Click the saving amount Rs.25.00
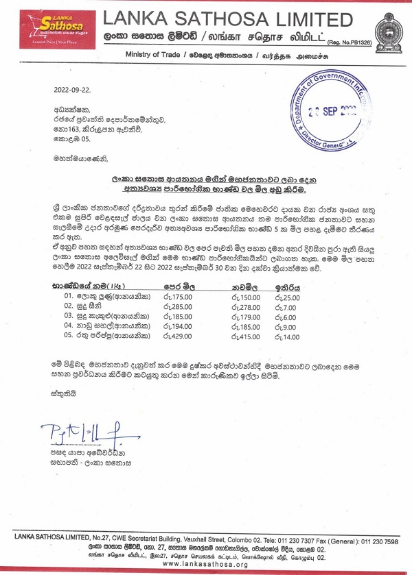pos(288,297)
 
